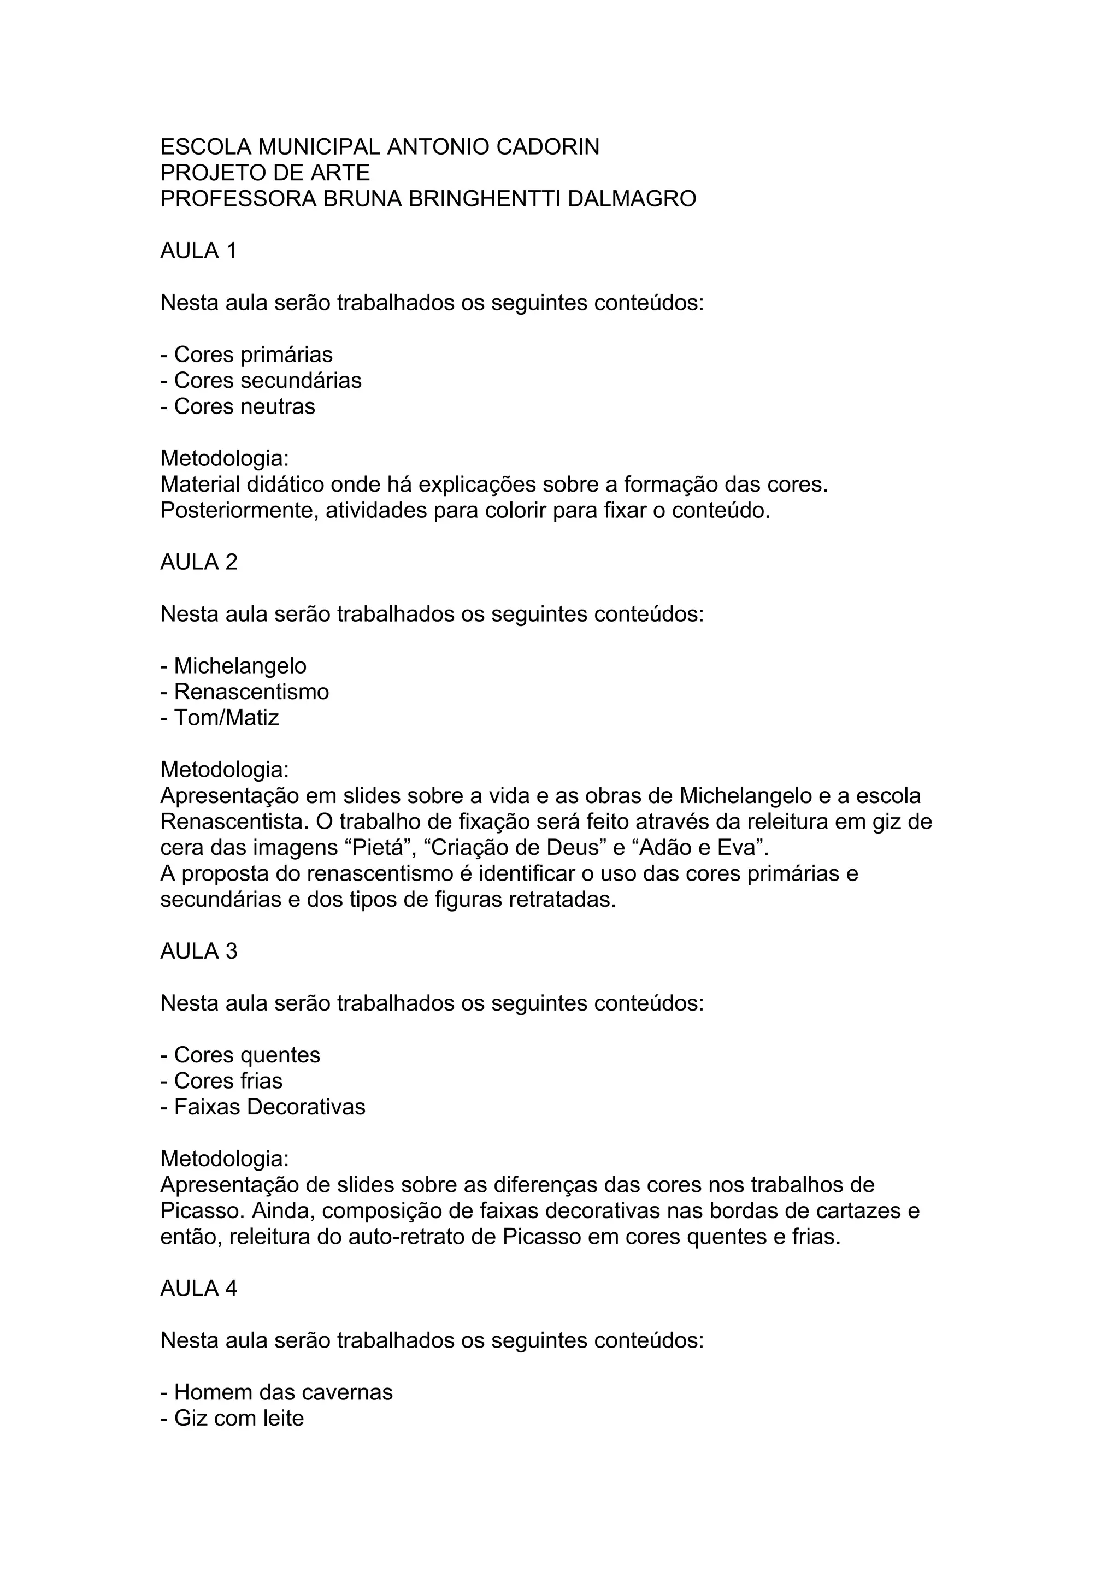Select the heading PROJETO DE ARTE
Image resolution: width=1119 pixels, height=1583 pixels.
coord(265,173)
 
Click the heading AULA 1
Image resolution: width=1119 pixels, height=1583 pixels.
coord(198,251)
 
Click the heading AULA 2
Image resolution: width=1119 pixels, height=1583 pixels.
coord(198,562)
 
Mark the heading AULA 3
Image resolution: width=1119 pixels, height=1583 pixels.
coord(198,952)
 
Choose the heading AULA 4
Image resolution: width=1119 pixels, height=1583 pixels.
coord(198,1289)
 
